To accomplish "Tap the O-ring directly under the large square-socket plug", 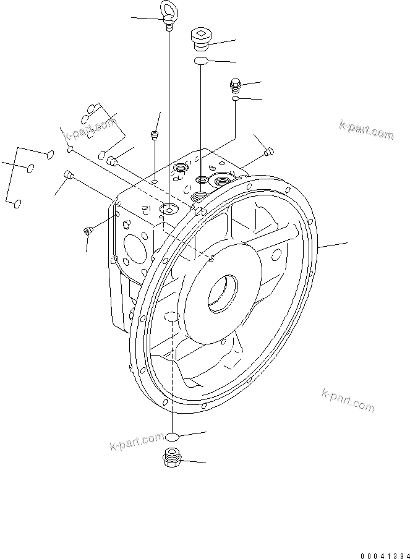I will [x=200, y=61].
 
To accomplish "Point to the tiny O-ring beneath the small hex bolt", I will [x=236, y=98].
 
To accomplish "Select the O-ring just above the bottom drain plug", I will [x=173, y=437].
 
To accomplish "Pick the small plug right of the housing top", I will [x=268, y=150].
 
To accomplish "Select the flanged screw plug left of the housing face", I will [x=87, y=231].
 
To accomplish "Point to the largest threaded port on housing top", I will [x=221, y=181].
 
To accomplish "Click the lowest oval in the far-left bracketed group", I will [x=18, y=203].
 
